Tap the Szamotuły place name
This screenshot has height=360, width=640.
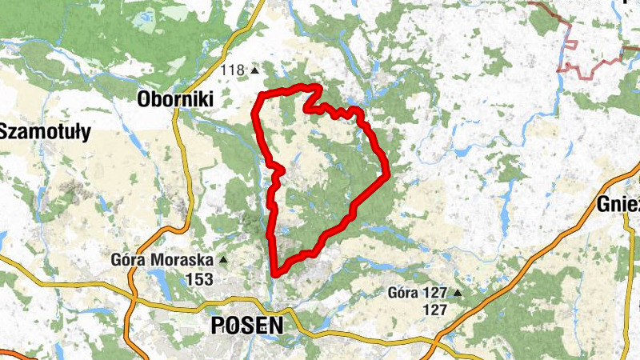click(46, 131)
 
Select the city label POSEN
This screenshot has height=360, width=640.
click(246, 326)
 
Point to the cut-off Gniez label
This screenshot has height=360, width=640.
click(618, 205)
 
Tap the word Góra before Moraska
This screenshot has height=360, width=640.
click(131, 261)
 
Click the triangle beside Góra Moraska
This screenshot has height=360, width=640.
click(223, 261)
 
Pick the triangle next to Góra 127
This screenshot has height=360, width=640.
click(458, 293)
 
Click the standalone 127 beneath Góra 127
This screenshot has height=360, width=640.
click(434, 310)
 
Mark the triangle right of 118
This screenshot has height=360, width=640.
click(255, 71)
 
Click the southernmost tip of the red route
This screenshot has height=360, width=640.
click(274, 273)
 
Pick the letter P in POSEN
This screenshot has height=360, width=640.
click(218, 326)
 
